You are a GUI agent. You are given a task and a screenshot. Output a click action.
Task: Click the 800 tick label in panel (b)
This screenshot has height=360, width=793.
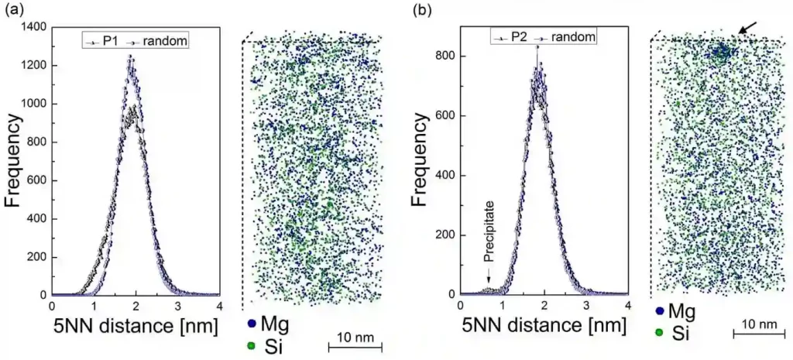[444, 57]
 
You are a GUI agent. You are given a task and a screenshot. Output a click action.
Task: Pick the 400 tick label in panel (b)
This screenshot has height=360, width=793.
[444, 176]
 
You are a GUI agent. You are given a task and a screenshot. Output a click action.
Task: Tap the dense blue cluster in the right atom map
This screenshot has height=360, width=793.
[721, 53]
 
